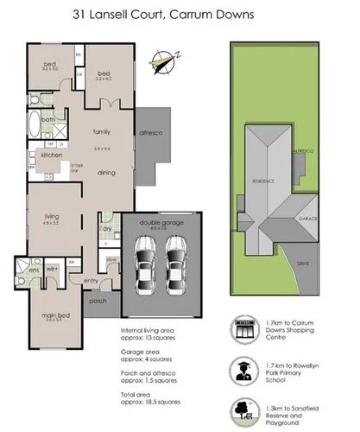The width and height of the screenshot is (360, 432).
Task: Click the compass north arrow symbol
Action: coord(161,60)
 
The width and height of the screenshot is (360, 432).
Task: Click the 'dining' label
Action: coord(106,173)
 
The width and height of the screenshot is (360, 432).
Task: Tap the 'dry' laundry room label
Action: coord(106,230)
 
